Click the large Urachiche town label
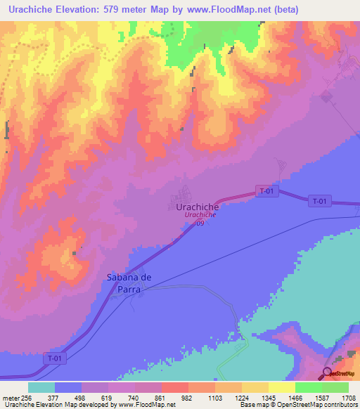(x=192, y=207)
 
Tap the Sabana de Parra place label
(x=129, y=283)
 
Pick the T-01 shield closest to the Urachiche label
(x=265, y=191)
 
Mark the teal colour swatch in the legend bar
(x=41, y=387)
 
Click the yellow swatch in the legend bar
(x=281, y=387)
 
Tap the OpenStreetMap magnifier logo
(x=328, y=373)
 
